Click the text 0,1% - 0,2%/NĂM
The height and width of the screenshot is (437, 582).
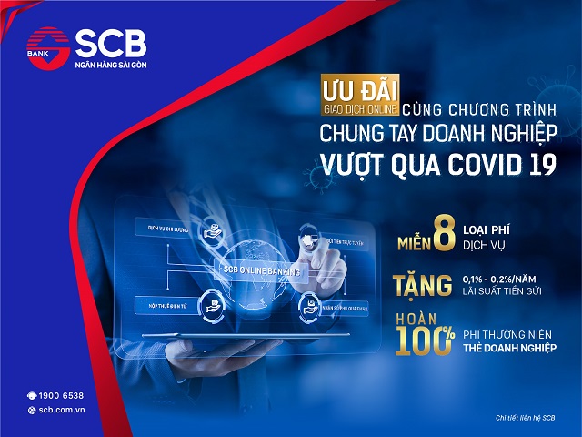[501, 279]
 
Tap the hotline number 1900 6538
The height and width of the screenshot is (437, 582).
[61, 395]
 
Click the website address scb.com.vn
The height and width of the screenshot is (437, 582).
[62, 411]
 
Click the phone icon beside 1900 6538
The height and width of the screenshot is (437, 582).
[31, 395]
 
